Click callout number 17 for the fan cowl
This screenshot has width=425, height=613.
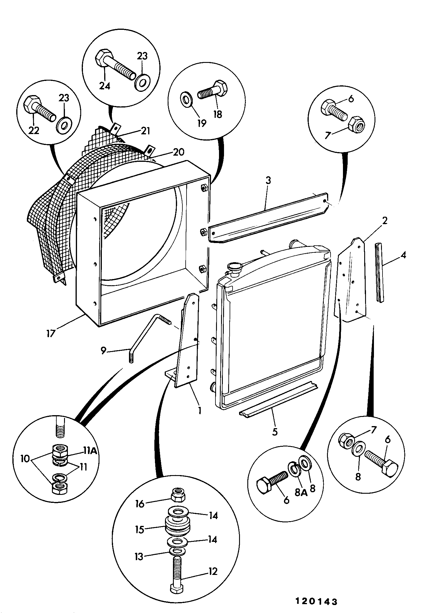(51, 334)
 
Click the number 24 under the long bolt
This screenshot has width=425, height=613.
(104, 86)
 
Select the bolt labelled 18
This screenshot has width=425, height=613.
(212, 90)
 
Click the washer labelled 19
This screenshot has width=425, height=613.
(187, 100)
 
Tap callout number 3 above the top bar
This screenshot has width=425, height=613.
(268, 180)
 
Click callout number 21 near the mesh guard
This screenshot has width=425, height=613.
(145, 131)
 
